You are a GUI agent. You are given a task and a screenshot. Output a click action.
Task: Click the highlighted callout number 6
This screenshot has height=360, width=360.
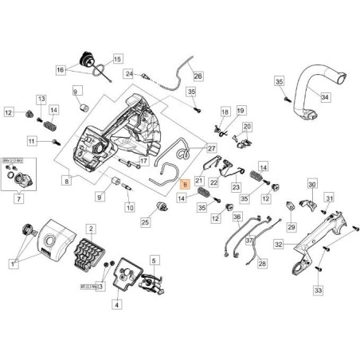(184, 183)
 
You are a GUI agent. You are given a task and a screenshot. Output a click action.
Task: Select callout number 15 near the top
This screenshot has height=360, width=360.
(117, 59)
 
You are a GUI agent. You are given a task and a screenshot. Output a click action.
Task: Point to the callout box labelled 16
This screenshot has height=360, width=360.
(83, 70)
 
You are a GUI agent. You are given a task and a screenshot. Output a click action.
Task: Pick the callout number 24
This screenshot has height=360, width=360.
(128, 73)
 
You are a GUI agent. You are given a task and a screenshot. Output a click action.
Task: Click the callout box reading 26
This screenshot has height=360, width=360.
(198, 76)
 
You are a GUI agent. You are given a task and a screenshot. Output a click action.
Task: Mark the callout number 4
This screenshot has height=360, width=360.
(117, 303)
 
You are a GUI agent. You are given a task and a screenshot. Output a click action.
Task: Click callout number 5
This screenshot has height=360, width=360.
(155, 260)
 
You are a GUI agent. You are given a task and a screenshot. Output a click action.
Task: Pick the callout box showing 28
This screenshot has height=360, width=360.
(262, 263)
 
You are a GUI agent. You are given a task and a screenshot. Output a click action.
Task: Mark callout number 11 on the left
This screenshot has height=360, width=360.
(33, 141)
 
